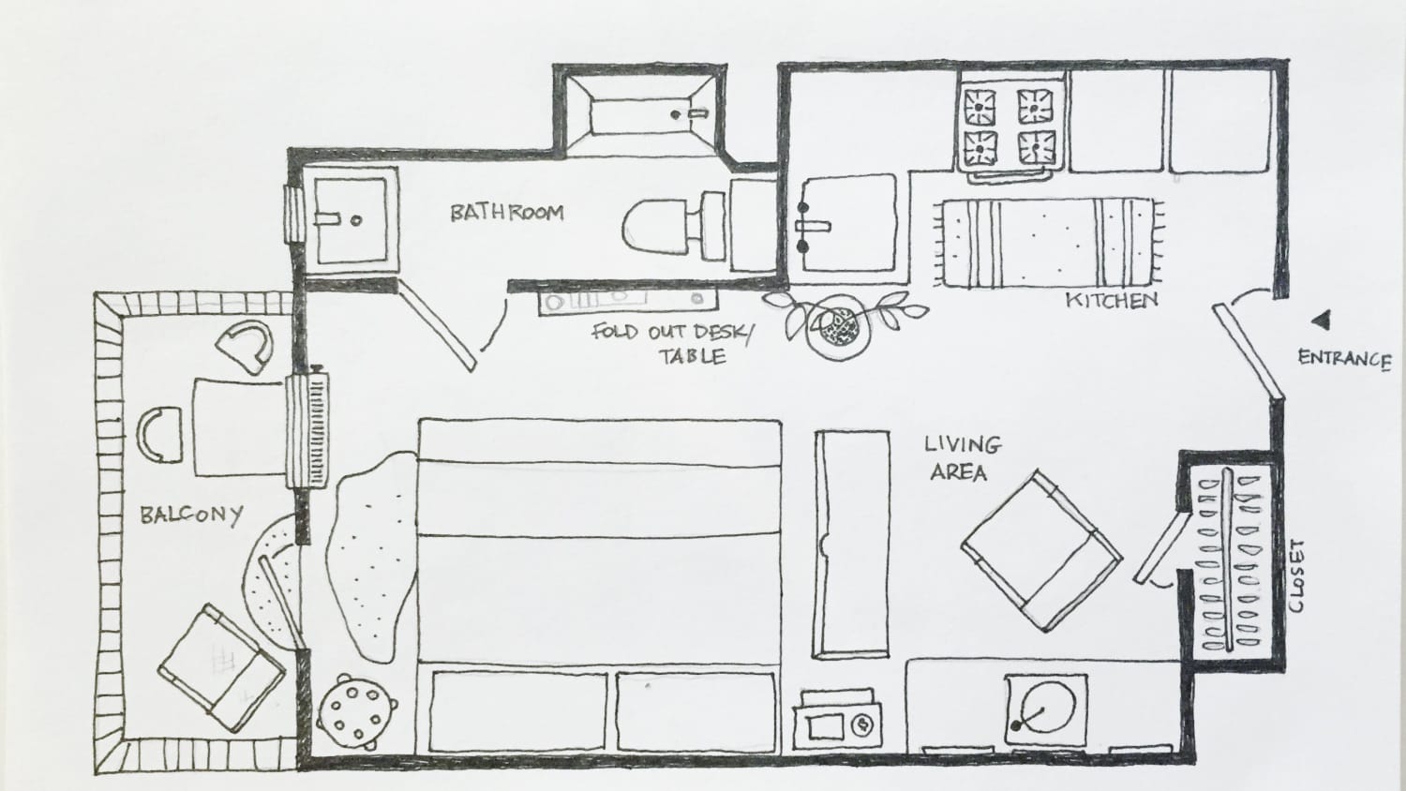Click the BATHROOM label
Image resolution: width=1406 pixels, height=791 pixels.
(507, 213)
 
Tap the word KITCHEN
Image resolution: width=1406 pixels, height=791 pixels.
(1112, 301)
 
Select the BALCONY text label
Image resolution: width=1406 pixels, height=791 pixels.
(191, 515)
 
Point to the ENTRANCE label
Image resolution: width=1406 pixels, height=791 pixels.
(1344, 358)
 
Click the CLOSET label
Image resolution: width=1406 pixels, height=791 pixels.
(1296, 575)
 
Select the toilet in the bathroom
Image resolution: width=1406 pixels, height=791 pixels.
(670, 225)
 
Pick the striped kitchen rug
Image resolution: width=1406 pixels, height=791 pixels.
(1048, 242)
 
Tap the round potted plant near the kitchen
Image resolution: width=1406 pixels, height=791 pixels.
(837, 325)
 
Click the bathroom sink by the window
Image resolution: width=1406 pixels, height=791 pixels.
(349, 219)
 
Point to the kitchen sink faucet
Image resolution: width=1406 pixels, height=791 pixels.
(814, 226)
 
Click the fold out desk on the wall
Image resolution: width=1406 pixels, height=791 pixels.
(626, 300)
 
